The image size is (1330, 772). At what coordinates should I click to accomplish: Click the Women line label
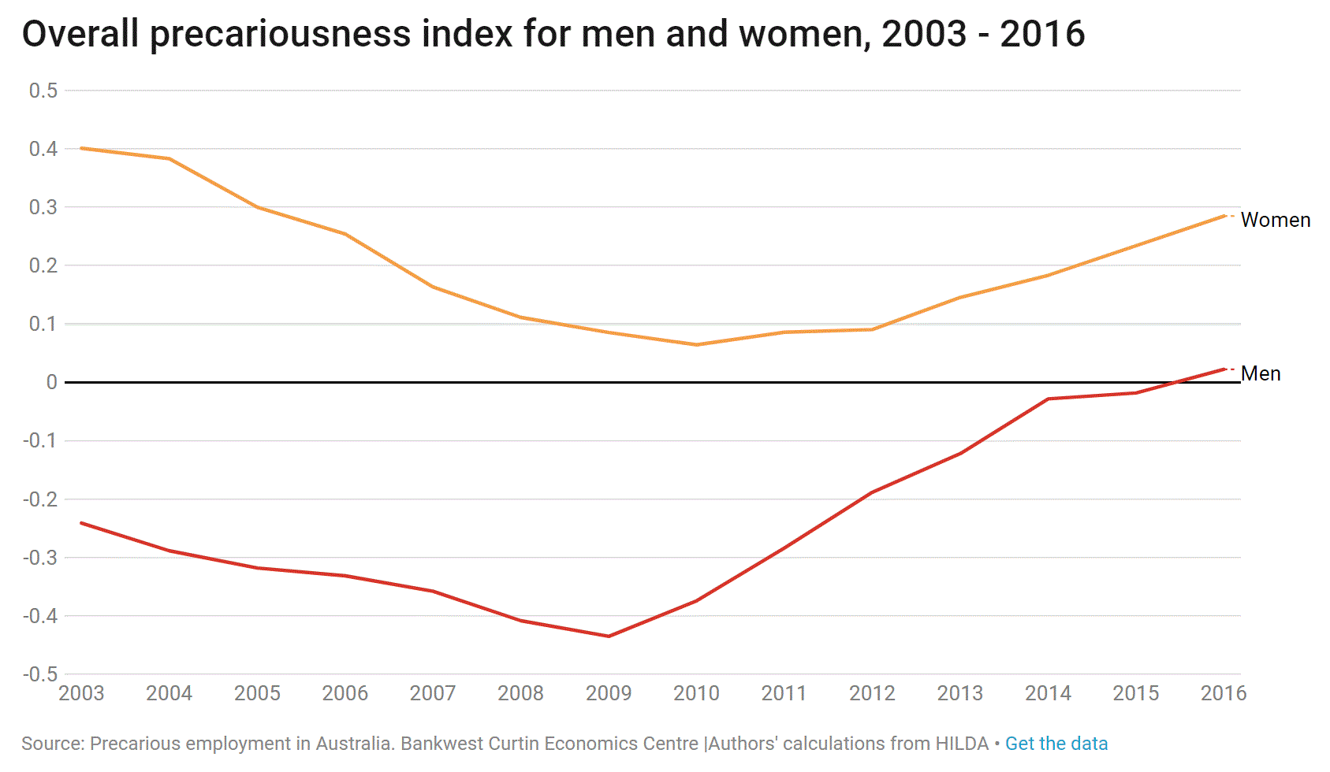(1275, 220)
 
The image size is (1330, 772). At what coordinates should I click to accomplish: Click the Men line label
(1260, 373)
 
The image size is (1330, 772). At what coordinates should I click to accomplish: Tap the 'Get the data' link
(1056, 743)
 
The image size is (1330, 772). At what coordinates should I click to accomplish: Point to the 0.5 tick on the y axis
(43, 91)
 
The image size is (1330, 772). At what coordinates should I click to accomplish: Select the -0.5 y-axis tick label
(40, 674)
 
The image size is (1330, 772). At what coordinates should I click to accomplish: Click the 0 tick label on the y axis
(52, 382)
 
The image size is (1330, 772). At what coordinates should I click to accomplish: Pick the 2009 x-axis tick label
(608, 693)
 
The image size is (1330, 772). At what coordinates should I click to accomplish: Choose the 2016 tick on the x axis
(1223, 693)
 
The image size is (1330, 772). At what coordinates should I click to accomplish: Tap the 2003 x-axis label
(81, 693)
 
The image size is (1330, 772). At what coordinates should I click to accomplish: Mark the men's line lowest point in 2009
(609, 636)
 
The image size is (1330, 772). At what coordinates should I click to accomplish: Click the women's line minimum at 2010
(697, 344)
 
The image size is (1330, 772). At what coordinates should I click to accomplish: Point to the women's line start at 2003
(82, 148)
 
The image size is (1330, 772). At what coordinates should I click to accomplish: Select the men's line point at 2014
(1049, 399)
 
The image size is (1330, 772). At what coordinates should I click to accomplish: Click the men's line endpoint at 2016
(1224, 369)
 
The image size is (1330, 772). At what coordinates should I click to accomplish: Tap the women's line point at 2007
(434, 287)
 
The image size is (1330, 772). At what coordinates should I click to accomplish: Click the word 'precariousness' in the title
(281, 34)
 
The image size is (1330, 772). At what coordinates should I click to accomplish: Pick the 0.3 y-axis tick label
(43, 207)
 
